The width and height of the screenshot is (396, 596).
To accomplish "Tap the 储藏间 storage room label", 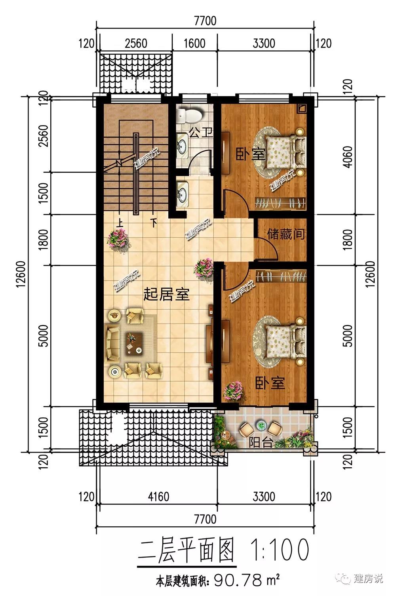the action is click(x=286, y=234).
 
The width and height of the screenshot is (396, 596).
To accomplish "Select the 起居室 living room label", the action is click(x=166, y=295).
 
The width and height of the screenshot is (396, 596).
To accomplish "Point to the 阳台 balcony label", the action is click(x=261, y=442).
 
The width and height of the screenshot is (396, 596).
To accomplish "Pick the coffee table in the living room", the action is click(x=134, y=343).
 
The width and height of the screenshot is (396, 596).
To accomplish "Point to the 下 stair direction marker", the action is click(x=154, y=223).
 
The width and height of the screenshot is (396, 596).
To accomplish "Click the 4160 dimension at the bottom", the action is click(x=159, y=497).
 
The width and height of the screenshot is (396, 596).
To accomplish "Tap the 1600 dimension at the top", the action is click(x=194, y=44).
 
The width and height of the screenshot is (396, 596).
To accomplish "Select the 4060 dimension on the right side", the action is click(x=348, y=157).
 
